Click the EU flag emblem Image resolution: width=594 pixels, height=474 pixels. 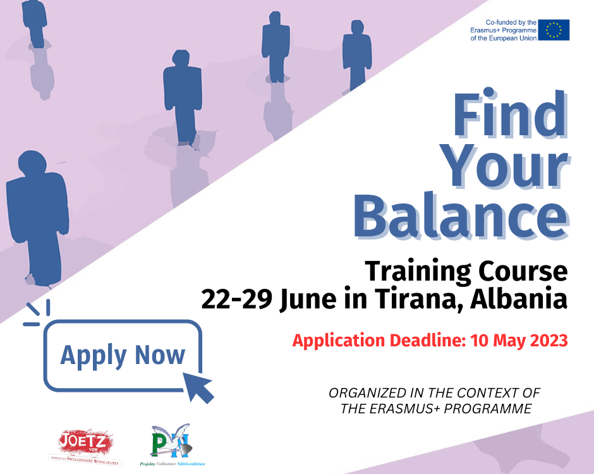pyautogui.click(x=554, y=30)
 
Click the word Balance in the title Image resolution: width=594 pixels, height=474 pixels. pyautogui.click(x=461, y=216)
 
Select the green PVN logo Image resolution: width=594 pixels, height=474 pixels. pyautogui.click(x=170, y=441)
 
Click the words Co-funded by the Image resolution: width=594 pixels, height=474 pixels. pyautogui.click(x=511, y=22)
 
